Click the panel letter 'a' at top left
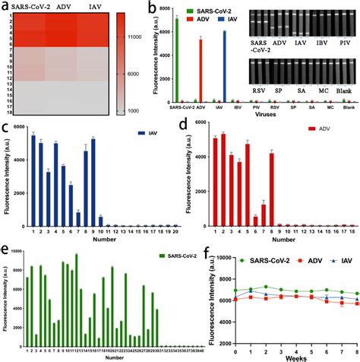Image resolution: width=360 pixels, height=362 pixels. (x=6, y=7)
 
